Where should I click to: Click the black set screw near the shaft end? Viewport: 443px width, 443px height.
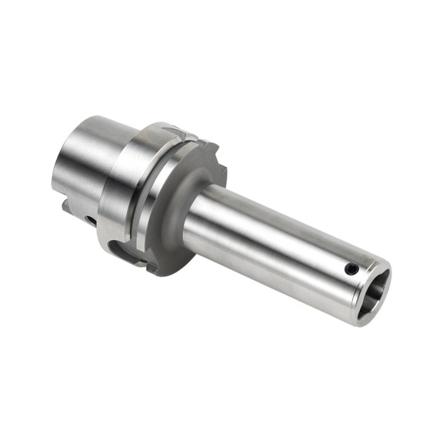pyautogui.click(x=351, y=269)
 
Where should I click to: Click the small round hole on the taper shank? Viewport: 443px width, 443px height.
pyautogui.click(x=90, y=221)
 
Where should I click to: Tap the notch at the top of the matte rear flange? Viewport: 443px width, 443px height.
pyautogui.click(x=192, y=138)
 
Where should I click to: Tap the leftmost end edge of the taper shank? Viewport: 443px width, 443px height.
pyautogui.click(x=56, y=169)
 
